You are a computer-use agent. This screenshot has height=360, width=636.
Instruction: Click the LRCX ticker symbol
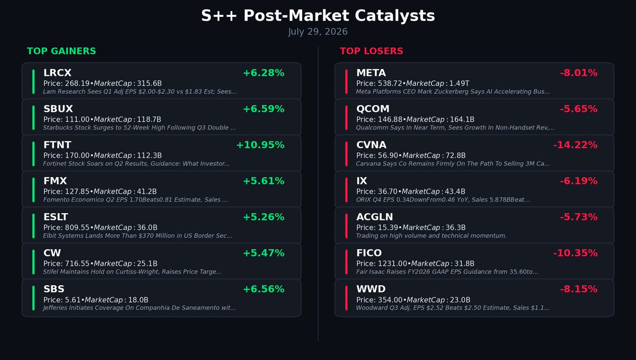tap(57, 73)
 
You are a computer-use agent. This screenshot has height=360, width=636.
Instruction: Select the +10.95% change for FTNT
tap(260, 145)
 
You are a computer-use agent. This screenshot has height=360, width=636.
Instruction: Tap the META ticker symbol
tap(371, 73)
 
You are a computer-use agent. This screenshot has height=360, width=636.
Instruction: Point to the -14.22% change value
tap(575, 145)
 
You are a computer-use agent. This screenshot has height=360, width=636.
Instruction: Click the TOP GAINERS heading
tap(61, 51)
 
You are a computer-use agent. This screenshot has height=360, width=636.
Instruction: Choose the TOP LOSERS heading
tap(372, 51)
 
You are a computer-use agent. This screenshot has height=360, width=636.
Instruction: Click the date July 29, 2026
tap(317, 31)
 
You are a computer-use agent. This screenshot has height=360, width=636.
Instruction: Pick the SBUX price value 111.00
tap(77, 119)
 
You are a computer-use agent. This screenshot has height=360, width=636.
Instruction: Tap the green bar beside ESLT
tap(33, 226)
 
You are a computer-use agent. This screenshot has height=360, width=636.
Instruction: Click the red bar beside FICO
tap(347, 262)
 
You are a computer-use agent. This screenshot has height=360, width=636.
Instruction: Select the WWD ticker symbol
tap(371, 289)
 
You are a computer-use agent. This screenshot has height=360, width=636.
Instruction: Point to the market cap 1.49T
tap(459, 84)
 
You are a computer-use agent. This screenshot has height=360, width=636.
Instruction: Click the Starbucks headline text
tap(139, 128)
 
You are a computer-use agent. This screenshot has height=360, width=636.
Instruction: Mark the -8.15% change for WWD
tap(579, 289)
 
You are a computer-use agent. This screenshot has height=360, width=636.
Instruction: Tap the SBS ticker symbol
tap(54, 289)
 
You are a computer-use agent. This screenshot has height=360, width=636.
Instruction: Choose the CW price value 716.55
tap(77, 264)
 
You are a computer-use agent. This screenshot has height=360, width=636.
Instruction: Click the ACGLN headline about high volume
tap(431, 236)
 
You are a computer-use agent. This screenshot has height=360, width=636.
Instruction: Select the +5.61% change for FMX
tap(263, 181)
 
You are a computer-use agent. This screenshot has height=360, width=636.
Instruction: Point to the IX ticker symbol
tap(361, 181)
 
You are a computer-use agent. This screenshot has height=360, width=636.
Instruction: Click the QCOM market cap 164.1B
tap(462, 119)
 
